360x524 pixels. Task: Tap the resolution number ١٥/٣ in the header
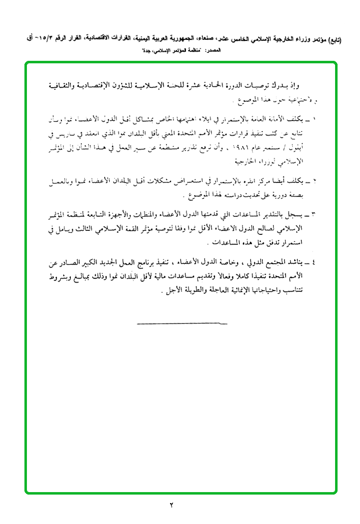(40, 37)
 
